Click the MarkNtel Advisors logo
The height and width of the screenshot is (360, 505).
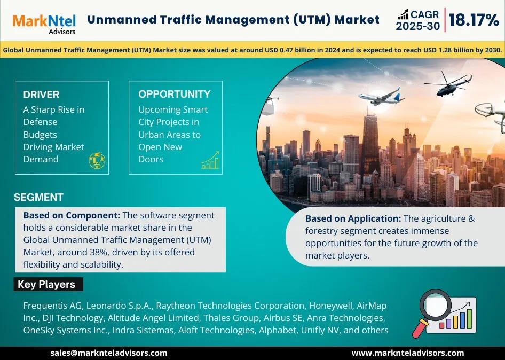44,24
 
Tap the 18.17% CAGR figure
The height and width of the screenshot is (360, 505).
474,20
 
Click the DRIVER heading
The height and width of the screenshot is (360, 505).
41,95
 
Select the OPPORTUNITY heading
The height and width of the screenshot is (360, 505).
174,94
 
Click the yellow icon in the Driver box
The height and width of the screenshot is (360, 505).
97,160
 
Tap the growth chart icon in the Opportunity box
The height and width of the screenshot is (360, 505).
210,160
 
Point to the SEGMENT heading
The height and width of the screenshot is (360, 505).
38,197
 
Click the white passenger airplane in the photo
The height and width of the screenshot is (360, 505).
382,96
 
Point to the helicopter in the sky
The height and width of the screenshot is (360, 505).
448,84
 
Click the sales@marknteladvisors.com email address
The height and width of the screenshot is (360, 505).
109,353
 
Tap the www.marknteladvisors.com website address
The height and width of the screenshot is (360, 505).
408,353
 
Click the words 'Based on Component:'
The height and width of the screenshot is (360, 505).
72,215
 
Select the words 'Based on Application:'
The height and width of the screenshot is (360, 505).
353,218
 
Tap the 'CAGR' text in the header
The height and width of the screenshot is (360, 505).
424,14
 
